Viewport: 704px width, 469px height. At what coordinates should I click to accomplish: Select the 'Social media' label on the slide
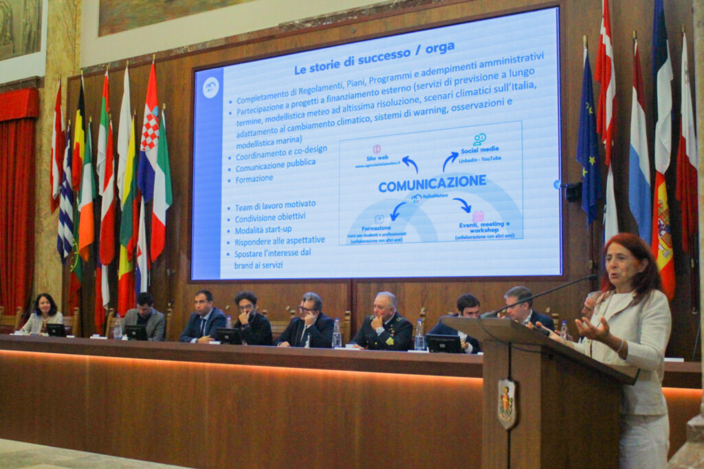[x=479, y=149]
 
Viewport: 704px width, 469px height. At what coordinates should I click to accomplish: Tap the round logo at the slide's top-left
[x=210, y=87]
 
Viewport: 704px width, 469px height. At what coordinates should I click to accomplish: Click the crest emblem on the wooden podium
[x=507, y=403]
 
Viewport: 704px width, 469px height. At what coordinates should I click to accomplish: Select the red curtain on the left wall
[x=18, y=199]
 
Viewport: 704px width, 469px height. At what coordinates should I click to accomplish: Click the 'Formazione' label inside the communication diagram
[x=376, y=227]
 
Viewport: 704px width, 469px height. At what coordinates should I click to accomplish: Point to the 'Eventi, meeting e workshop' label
[x=484, y=227]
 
